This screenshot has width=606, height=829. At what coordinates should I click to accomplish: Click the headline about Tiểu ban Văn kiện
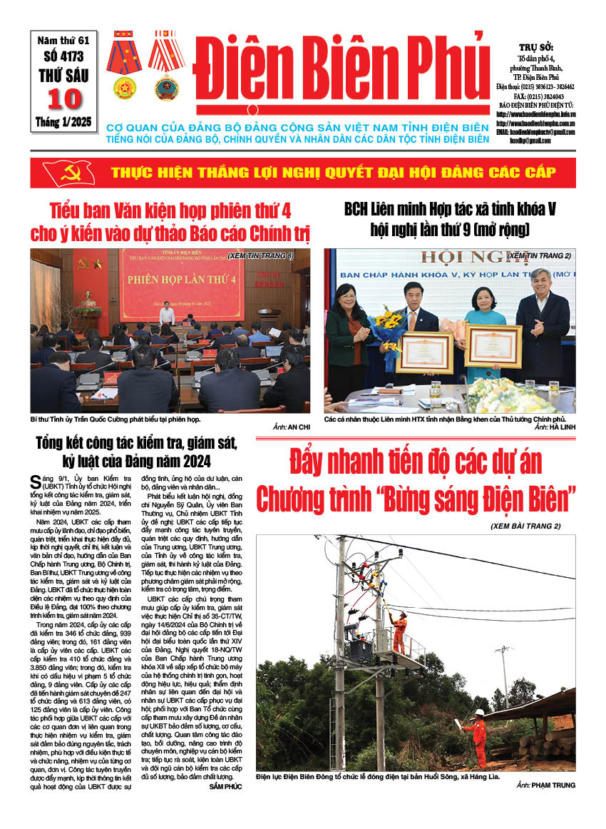[x=170, y=222]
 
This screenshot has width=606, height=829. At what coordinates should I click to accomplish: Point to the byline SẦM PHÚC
[x=225, y=786]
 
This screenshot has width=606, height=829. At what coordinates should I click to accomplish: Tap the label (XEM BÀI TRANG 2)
[x=530, y=526]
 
